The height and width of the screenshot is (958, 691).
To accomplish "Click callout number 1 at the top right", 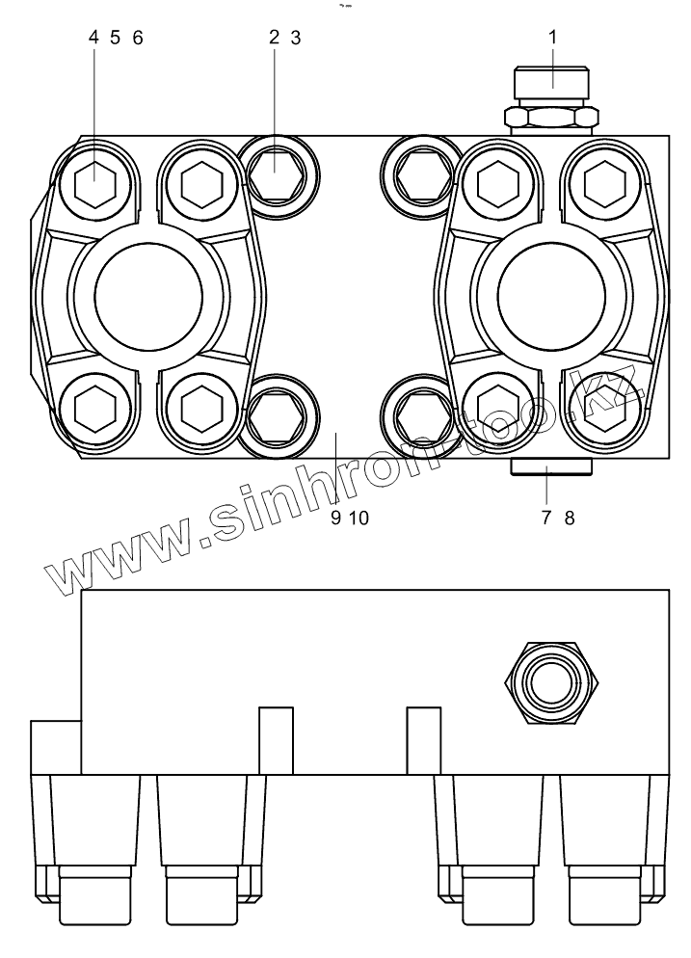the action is (553, 38).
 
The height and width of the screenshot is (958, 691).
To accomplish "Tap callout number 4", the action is (93, 38).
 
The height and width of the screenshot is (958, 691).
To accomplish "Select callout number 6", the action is (138, 38).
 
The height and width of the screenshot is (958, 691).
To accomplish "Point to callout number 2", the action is (275, 38).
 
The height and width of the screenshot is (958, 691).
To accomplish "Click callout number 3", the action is (296, 38).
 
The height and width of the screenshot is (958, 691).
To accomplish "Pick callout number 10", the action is (359, 519).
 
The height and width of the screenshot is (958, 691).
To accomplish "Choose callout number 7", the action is (546, 519).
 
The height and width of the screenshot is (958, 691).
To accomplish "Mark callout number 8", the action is (570, 519).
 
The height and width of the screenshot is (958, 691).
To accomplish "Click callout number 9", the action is (335, 519).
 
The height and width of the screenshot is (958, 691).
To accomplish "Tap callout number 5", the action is (116, 38).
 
